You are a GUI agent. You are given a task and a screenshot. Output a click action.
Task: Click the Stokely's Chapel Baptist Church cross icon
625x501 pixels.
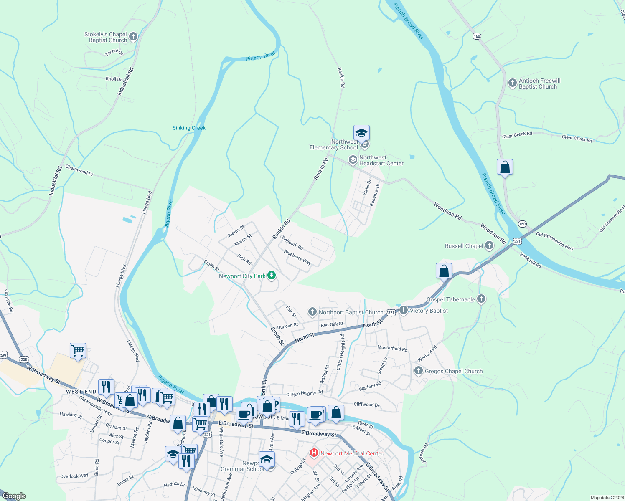pyautogui.click(x=133, y=37)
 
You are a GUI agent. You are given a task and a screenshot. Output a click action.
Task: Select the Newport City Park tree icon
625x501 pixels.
pyautogui.click(x=272, y=275)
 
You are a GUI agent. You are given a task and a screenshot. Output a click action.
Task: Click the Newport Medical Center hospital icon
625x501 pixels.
pyautogui.click(x=314, y=453)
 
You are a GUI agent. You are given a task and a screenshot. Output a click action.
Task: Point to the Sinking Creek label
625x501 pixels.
pyautogui.click(x=189, y=128)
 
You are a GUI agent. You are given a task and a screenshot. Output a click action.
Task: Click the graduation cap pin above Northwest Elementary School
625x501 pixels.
pyautogui.click(x=361, y=133)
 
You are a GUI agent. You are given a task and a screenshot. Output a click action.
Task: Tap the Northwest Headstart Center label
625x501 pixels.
pyautogui.click(x=381, y=161)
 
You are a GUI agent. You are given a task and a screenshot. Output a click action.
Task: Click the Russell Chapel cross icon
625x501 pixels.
pyautogui.click(x=489, y=245)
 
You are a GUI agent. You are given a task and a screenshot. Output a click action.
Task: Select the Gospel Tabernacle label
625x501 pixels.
pyautogui.click(x=450, y=299)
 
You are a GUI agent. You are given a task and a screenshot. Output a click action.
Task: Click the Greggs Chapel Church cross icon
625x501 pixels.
pyautogui.click(x=418, y=371)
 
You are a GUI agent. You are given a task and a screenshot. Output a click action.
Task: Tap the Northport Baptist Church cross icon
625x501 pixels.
pyautogui.click(x=312, y=312)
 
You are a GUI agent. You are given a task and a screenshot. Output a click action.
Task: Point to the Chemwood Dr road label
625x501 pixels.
pyautogui.click(x=79, y=170)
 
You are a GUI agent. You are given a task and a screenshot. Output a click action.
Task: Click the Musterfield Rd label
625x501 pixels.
pyautogui.click(x=392, y=348)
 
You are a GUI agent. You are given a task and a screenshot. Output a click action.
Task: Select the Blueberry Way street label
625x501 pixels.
pyautogui.click(x=297, y=257)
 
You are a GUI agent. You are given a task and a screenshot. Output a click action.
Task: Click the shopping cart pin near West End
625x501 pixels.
pyautogui.click(x=78, y=351)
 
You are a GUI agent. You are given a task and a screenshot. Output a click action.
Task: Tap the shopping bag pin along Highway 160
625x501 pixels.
pyautogui.click(x=505, y=167)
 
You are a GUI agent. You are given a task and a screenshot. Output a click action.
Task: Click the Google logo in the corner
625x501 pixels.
pyautogui.click(x=14, y=496)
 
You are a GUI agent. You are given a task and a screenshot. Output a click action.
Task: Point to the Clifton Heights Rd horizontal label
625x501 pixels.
pyautogui.click(x=304, y=393)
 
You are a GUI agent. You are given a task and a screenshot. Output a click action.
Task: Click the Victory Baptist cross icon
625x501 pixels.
pyautogui.click(x=403, y=310)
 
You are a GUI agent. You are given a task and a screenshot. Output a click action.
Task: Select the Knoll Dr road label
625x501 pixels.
pyautogui.click(x=114, y=79)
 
